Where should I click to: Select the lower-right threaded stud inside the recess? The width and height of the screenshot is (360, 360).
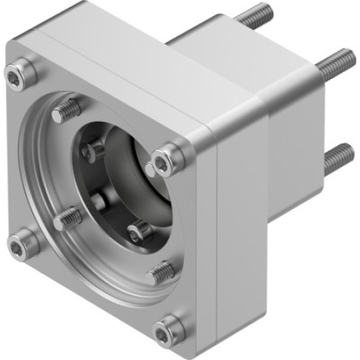[x=161, y=271]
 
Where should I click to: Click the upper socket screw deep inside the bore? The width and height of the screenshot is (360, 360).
[x=94, y=150]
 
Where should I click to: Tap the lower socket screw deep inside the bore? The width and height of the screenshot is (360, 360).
[x=139, y=230]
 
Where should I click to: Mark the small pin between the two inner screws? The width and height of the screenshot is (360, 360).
[x=101, y=202]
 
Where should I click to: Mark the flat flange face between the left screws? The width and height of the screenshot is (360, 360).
[x=18, y=158]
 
